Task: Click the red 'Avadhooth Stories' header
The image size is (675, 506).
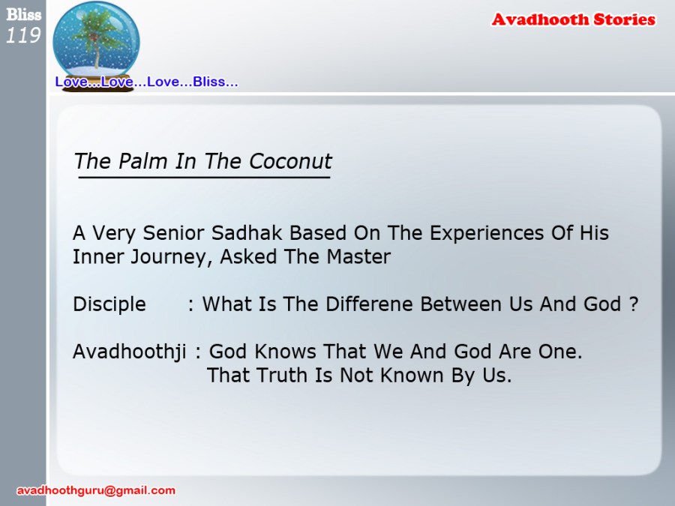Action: coord(574,19)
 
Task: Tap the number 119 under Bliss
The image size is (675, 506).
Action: coord(23,35)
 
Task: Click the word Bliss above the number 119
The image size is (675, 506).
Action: coord(24,15)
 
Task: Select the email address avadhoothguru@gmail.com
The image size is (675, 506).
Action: coord(96,490)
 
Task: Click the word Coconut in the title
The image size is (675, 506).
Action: coord(290,161)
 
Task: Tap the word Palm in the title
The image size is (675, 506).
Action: coord(143,161)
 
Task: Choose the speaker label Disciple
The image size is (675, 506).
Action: coord(109,304)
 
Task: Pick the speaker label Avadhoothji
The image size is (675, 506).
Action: coord(130,352)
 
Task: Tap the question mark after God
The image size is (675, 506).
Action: coord(633,304)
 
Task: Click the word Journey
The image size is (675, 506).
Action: coord(169,257)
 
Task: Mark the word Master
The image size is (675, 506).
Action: coord(358,257)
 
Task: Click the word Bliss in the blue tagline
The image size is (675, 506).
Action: coord(208,81)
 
